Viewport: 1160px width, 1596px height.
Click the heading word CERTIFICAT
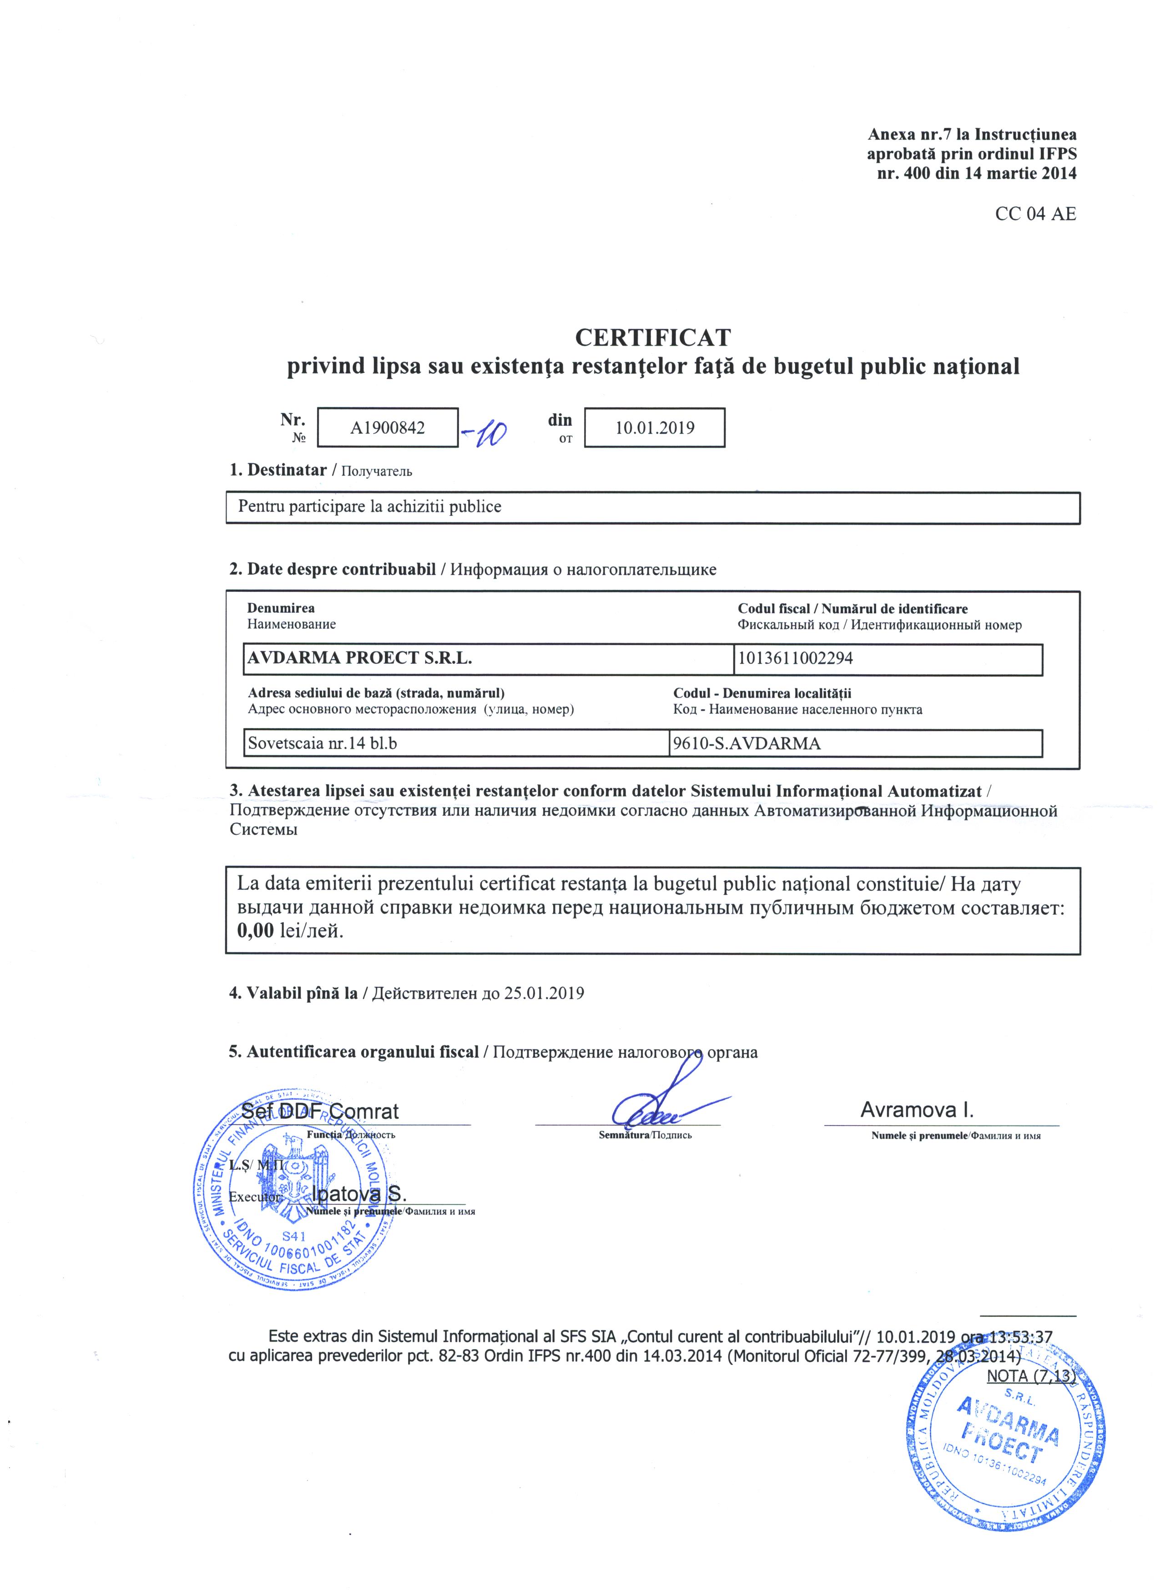653,337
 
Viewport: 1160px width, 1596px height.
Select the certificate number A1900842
388,428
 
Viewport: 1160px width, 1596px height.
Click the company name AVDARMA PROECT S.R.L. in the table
359,659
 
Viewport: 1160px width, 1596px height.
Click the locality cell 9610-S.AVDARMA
746,743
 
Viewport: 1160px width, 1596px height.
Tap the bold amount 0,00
255,931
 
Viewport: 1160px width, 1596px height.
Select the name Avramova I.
917,1111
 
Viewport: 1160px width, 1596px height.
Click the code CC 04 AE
1035,214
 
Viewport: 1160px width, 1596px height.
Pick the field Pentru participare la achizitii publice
369,507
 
